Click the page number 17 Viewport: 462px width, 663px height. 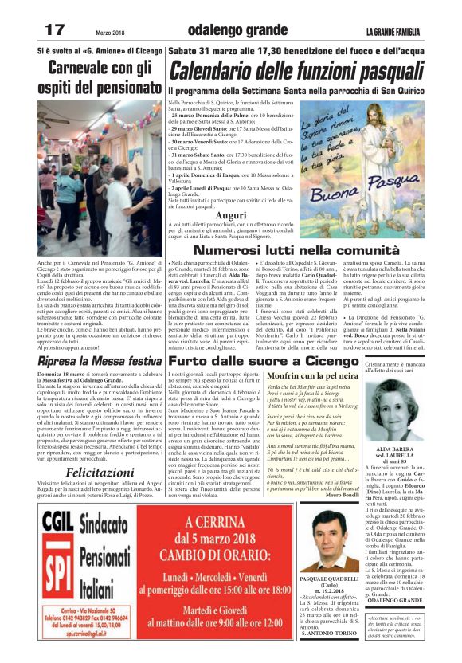coord(54,30)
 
